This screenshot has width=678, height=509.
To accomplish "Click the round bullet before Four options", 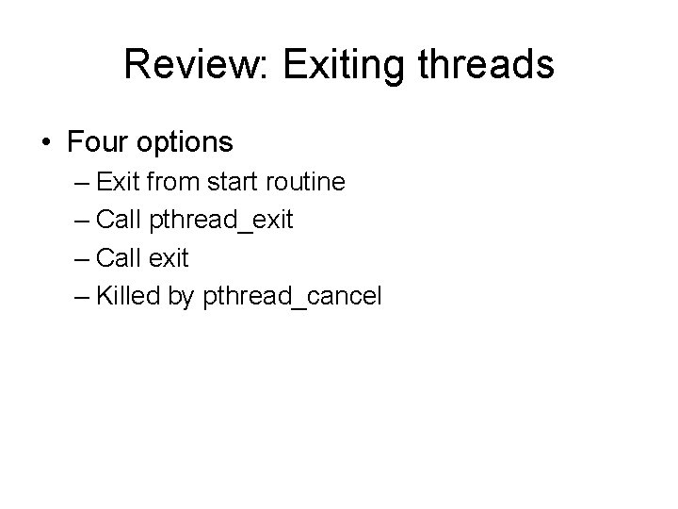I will click(46, 143).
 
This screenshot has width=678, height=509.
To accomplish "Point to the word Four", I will click(98, 142).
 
